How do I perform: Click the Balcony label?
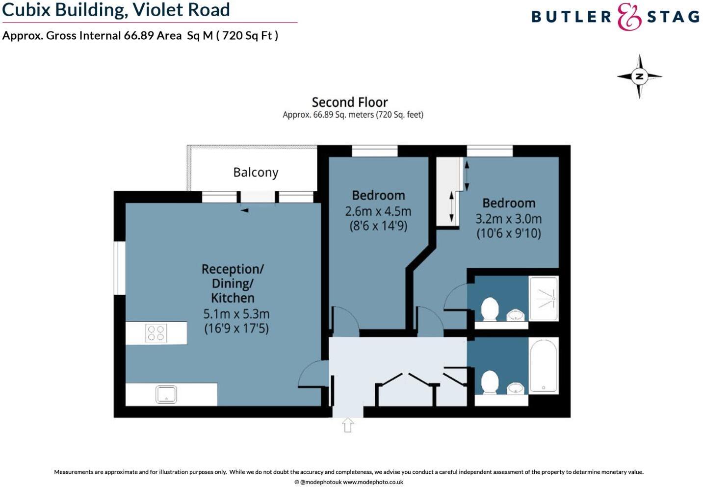point(256,173)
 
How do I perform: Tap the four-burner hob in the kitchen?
point(156,333)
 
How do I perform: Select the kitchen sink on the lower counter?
point(166,394)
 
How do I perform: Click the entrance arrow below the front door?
point(348,425)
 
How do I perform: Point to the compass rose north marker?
point(639,77)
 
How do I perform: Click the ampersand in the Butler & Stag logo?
point(629,17)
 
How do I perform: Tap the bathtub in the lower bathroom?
point(544,365)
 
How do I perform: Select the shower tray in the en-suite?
point(544,299)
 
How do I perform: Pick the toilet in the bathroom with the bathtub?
point(490,382)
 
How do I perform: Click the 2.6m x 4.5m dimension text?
point(378,211)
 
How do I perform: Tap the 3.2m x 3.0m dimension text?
point(509,219)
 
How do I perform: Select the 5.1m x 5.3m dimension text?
point(236,314)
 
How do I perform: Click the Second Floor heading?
point(350,103)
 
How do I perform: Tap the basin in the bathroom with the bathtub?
point(515,388)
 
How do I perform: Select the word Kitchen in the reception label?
point(233,298)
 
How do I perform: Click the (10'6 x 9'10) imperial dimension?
point(509,233)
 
